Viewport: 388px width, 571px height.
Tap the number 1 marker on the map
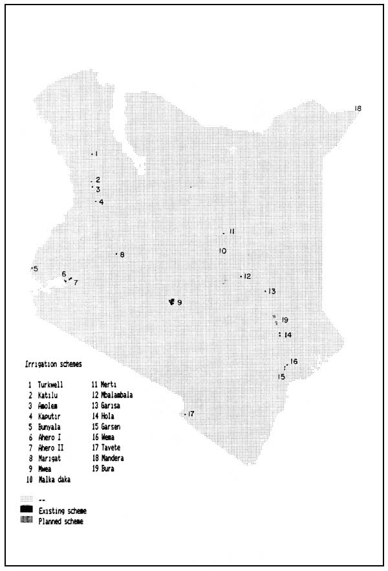coord(96,154)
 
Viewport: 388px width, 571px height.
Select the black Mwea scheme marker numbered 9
coord(171,302)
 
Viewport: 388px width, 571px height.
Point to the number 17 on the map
coord(191,414)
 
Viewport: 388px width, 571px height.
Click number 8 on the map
coord(122,254)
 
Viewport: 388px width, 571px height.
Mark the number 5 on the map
coord(36,269)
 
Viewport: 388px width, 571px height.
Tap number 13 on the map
coord(272,291)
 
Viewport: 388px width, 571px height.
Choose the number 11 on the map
coord(231,232)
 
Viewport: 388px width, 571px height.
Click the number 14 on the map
coord(288,335)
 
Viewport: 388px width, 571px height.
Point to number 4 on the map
coord(102,202)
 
